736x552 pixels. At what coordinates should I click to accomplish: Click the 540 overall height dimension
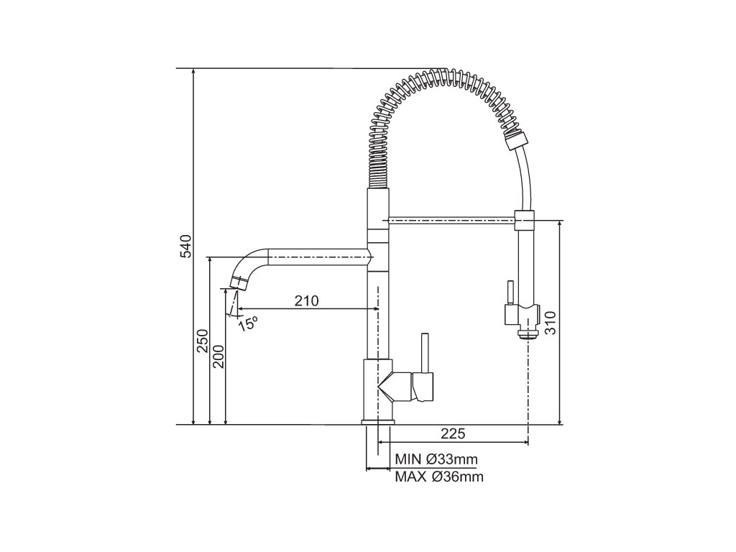(x=186, y=246)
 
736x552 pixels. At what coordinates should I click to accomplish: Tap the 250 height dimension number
(x=202, y=341)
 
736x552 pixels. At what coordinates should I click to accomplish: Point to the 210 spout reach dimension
(x=306, y=300)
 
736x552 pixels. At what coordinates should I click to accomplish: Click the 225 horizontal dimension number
(x=453, y=433)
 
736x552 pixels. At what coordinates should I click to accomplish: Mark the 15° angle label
(x=248, y=323)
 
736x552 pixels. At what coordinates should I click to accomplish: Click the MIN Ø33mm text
(x=436, y=459)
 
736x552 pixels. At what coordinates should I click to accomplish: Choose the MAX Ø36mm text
(x=439, y=477)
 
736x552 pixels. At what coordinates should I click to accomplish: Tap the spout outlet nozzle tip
(x=238, y=283)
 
